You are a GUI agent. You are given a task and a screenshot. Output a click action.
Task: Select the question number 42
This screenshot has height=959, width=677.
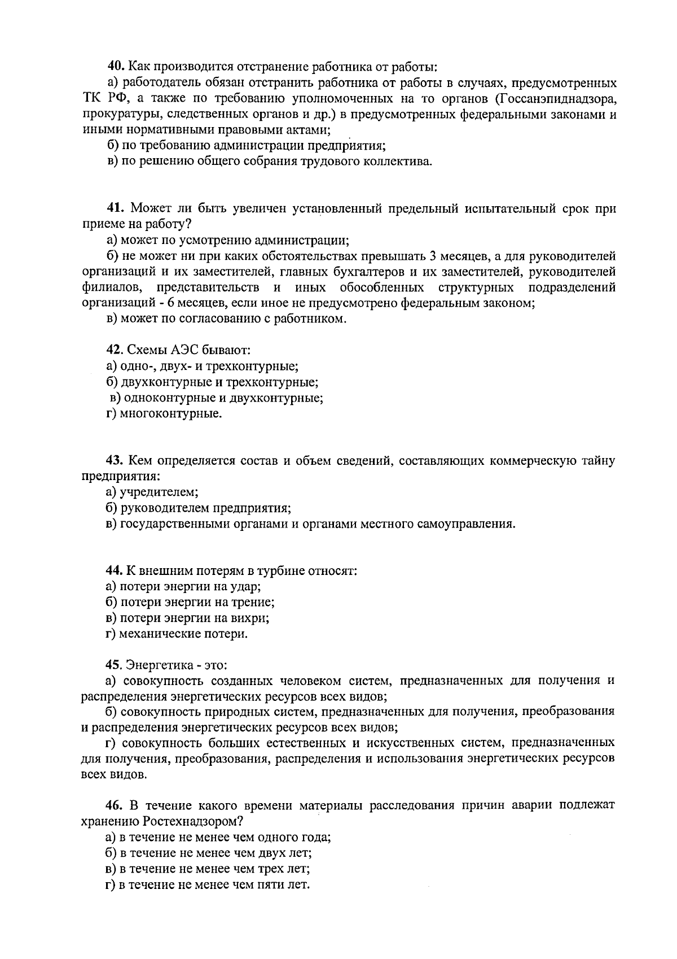pos(115,350)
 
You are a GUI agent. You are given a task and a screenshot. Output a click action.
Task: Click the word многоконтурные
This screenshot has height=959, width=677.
pos(171,414)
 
